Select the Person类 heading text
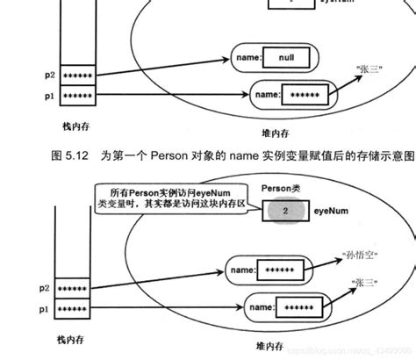281,189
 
